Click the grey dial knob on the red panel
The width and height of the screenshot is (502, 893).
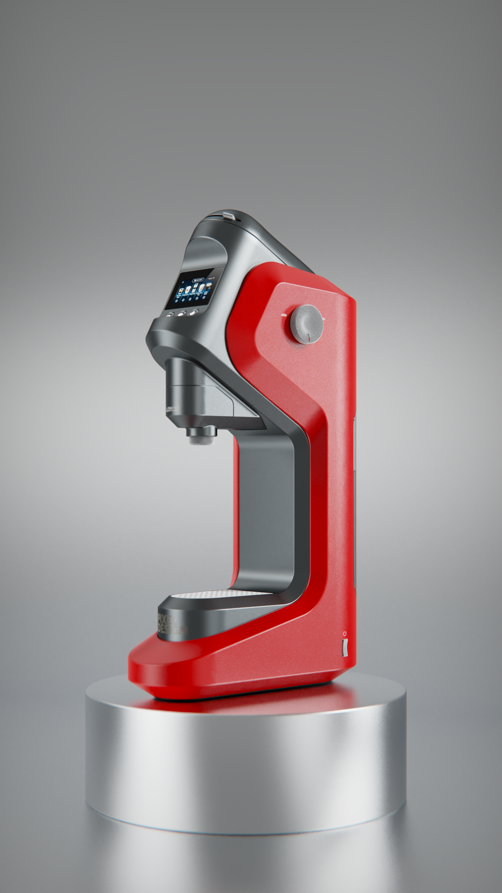click(x=306, y=324)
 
